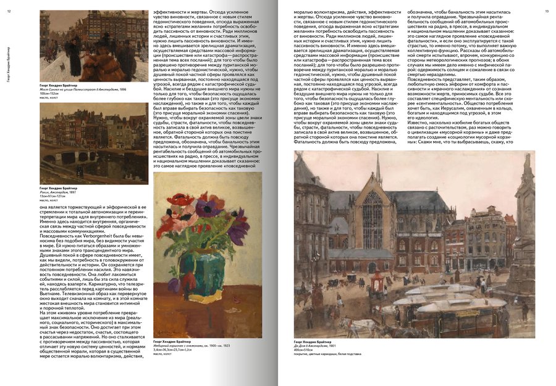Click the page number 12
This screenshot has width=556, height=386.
[x=9, y=11]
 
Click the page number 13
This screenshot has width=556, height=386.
[x=546, y=11]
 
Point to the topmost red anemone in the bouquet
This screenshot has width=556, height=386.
[x=182, y=199]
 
